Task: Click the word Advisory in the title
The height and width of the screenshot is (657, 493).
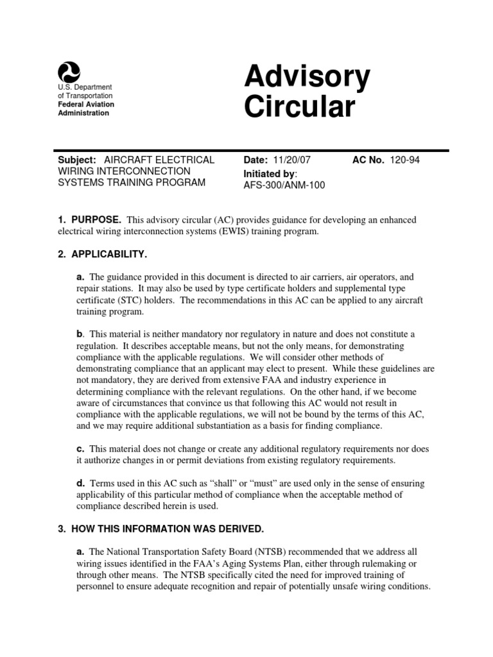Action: coord(307,78)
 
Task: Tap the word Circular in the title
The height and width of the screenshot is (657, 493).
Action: coord(299,107)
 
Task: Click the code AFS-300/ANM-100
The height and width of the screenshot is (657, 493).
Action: coord(284,185)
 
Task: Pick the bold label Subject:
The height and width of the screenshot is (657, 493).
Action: coord(76,160)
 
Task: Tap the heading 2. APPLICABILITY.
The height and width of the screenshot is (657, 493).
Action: coord(103,255)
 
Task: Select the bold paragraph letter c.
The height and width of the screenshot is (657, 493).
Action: coord(80,448)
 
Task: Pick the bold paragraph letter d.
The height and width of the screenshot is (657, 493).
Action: coord(80,483)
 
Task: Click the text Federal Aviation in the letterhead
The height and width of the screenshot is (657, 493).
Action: coord(85,104)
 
